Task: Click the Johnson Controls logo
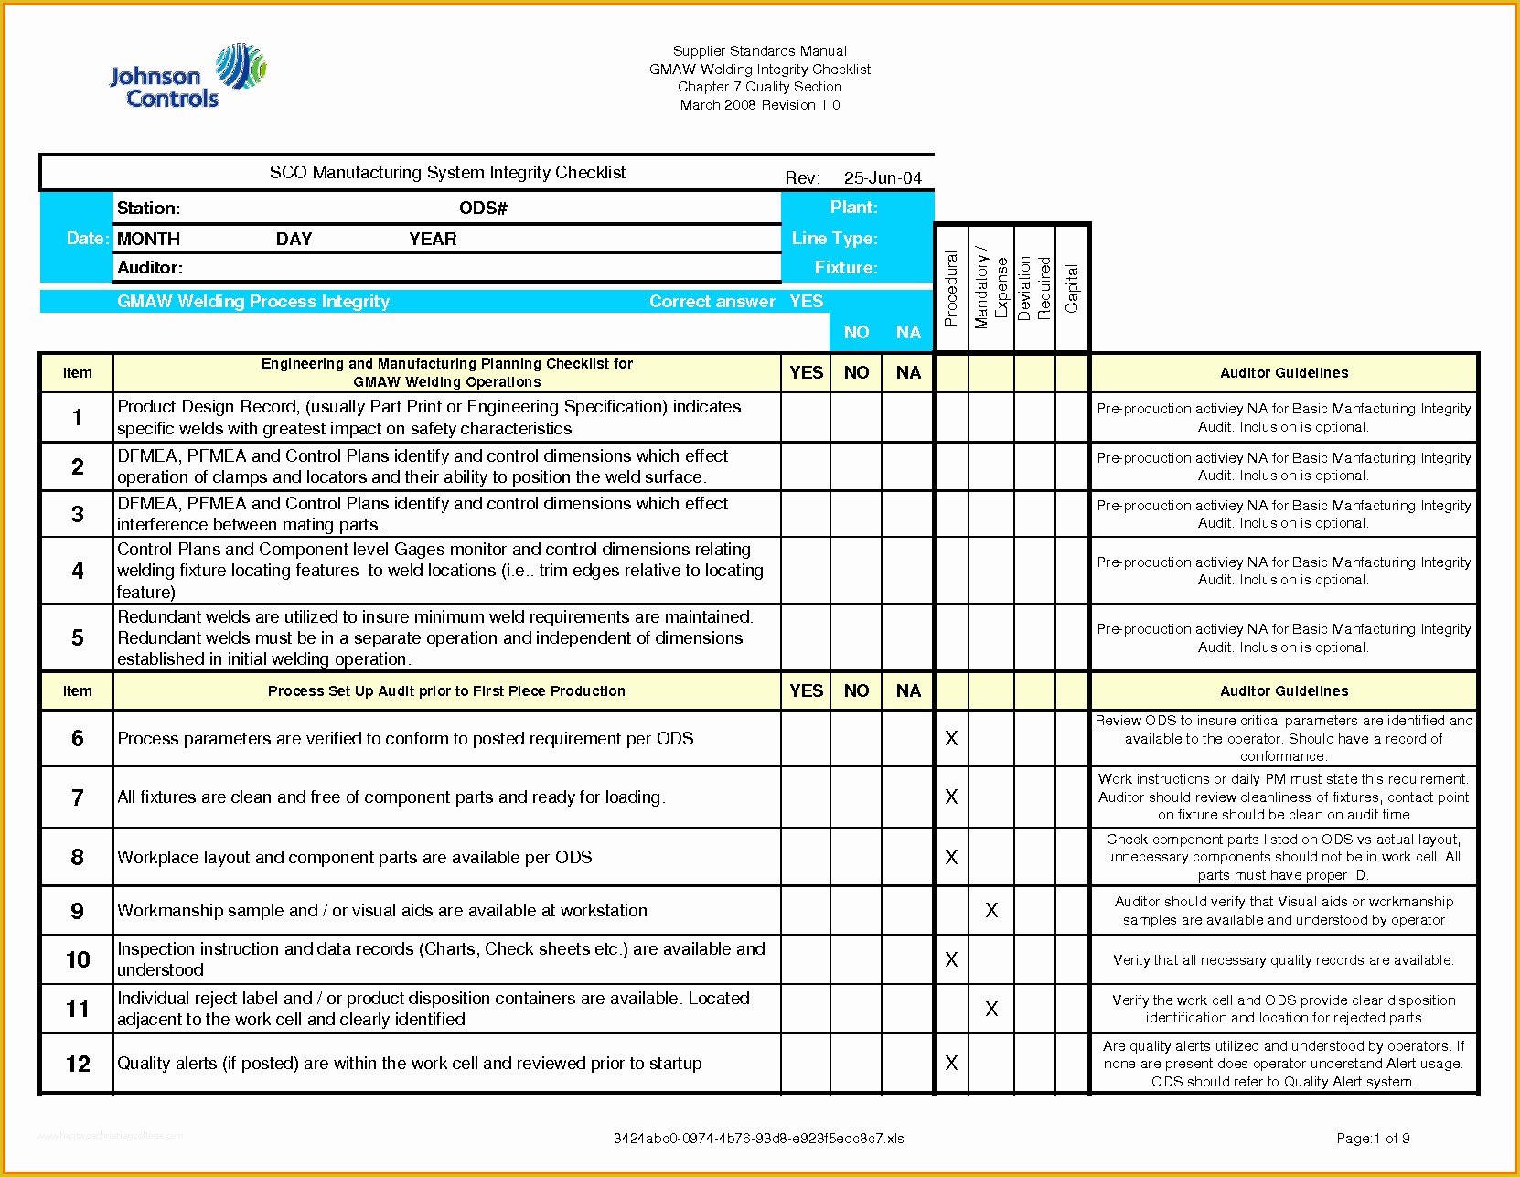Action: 187,78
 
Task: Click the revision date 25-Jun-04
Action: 882,178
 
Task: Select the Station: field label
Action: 148,209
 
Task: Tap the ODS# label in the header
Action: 483,209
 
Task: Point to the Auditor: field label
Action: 150,268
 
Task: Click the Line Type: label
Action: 834,239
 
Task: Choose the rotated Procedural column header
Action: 951,288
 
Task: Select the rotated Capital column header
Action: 1072,288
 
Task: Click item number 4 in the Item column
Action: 78,571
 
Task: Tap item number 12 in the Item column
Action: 78,1064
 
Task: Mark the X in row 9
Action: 991,910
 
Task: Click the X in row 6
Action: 951,738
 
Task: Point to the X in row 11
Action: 991,1009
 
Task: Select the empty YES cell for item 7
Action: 806,797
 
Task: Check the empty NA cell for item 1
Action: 907,418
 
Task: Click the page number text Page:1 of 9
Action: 1373,1139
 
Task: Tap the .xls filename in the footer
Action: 758,1139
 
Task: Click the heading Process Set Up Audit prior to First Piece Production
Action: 446,691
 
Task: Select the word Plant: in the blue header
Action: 853,208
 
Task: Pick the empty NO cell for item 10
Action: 856,959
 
